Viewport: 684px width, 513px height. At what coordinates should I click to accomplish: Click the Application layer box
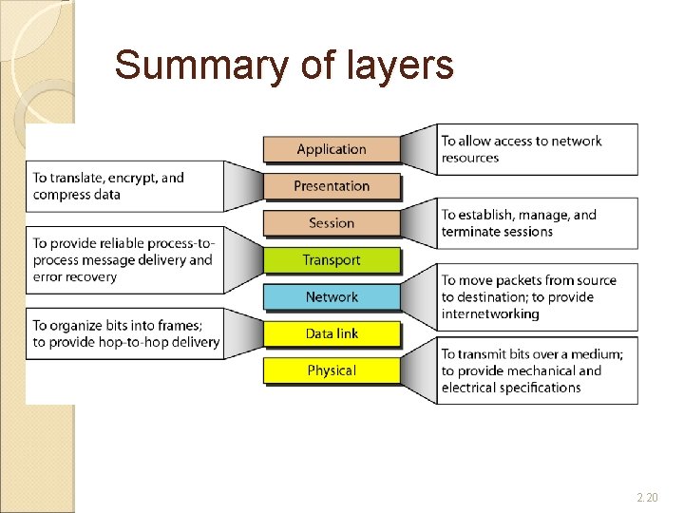click(331, 149)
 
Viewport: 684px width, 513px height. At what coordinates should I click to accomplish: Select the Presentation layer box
click(331, 186)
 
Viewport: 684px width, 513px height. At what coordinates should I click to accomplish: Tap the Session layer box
click(331, 223)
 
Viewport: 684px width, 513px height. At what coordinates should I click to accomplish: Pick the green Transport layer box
click(331, 260)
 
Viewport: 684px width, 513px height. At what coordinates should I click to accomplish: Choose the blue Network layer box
click(331, 297)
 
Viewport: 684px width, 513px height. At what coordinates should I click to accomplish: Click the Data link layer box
click(331, 334)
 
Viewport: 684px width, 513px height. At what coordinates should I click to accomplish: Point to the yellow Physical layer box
click(331, 370)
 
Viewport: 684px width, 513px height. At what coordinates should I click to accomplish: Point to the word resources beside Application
click(470, 159)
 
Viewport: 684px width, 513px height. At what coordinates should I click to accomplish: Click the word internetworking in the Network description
click(490, 314)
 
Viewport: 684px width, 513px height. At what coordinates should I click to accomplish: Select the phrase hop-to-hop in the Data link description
click(129, 342)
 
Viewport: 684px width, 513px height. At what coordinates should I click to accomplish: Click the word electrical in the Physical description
click(471, 388)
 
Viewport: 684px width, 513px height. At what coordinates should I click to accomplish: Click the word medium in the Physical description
click(595, 354)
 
